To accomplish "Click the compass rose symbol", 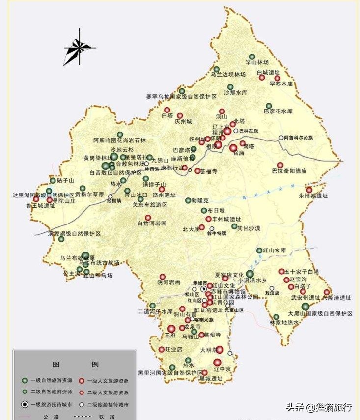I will point(79,48).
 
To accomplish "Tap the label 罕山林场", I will point(257,62).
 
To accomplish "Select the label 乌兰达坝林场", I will point(228,75).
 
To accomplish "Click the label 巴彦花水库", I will point(278,112).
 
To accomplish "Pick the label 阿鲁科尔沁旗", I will point(303,138).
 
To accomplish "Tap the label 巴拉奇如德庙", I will point(289,171).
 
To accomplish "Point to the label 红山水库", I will point(274,251).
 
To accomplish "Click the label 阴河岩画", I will point(169,282).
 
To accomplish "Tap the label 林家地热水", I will point(284,322).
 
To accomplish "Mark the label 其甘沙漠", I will point(249,228).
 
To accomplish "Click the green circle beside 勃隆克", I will point(188,200).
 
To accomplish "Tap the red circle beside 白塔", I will point(167,110).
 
